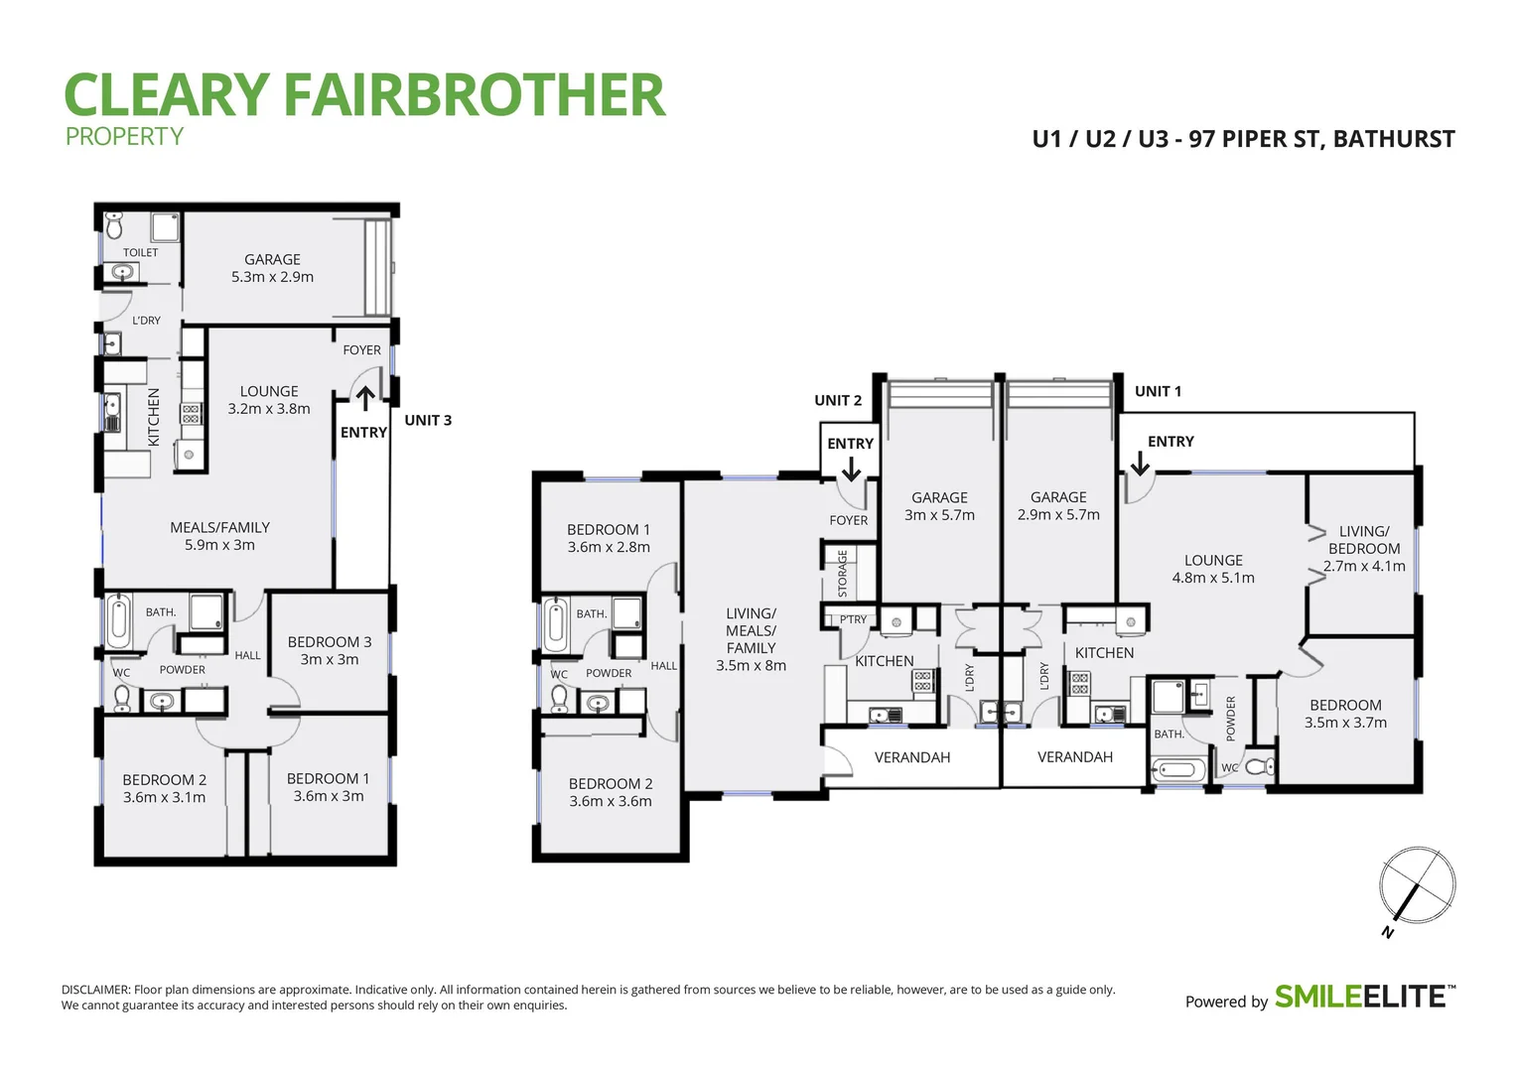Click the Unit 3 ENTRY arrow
tap(365, 399)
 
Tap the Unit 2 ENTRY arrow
tap(851, 469)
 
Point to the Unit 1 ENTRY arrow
tap(1140, 464)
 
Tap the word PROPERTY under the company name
tap(124, 137)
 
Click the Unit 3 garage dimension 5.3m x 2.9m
tap(272, 277)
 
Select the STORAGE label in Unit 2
tap(843, 573)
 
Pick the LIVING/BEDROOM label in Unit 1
tap(1364, 540)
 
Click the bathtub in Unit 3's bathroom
tap(119, 620)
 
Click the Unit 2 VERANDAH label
tap(912, 757)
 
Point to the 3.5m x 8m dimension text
tap(751, 666)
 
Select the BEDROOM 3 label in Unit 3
tap(329, 642)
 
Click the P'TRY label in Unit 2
tap(853, 619)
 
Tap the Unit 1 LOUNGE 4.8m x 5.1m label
tap(1213, 569)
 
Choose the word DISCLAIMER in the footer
tap(95, 990)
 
